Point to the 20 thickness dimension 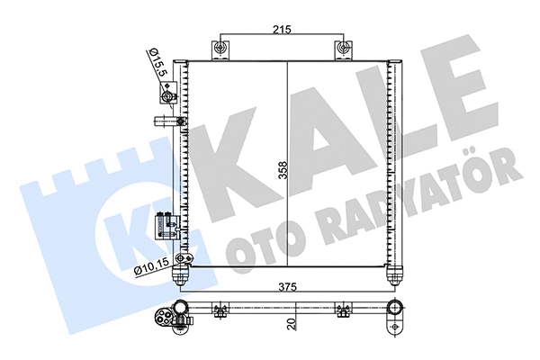click(x=291, y=321)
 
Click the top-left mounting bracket click(x=218, y=49)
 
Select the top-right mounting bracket click(x=343, y=49)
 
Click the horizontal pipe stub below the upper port click(x=166, y=120)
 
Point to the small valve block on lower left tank click(x=164, y=221)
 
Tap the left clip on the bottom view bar click(x=218, y=312)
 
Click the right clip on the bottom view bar click(x=342, y=312)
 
